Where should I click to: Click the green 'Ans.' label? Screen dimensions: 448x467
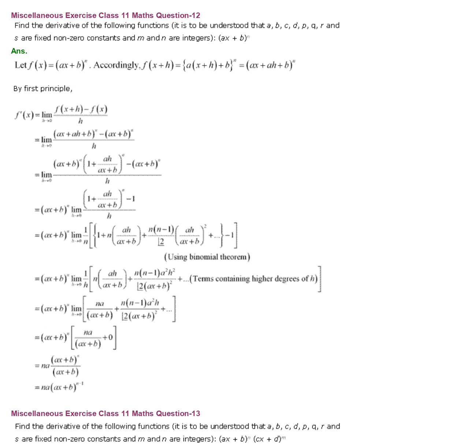click(x=19, y=51)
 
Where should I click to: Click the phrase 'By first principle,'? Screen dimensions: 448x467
click(x=43, y=89)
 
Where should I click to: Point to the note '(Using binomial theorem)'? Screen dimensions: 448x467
click(x=207, y=257)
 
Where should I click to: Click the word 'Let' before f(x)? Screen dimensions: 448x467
click(x=21, y=65)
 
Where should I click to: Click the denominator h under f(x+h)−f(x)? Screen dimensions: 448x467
click(x=81, y=121)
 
